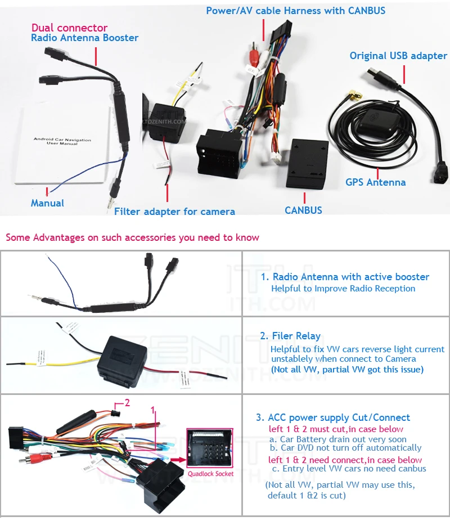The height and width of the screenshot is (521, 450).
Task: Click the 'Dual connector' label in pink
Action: [69, 28]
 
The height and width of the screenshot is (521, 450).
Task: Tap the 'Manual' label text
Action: [47, 203]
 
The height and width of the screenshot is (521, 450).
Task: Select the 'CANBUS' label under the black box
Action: [303, 210]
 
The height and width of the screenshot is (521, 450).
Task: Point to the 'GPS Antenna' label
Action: [375, 182]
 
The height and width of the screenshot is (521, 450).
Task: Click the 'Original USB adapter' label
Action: [398, 56]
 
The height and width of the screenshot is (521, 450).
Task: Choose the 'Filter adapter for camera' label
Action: [174, 212]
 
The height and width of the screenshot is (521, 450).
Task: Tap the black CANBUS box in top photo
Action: [307, 164]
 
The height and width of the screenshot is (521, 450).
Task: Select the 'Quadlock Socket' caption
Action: [210, 474]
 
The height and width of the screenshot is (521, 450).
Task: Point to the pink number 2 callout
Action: [127, 402]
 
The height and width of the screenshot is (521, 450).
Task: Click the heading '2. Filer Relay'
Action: [290, 336]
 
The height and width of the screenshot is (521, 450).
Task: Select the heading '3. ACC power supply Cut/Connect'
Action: [333, 417]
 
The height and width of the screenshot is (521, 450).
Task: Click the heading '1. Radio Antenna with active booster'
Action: [345, 277]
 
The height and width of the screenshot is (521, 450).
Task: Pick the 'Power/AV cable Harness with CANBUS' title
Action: [295, 11]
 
